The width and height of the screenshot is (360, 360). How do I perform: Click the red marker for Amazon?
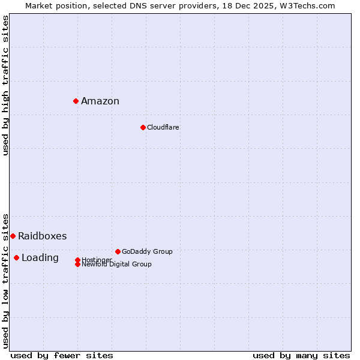pyautogui.click(x=76, y=101)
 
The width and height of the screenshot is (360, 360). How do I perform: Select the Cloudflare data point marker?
pyautogui.click(x=143, y=127)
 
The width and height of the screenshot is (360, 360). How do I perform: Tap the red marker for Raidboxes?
pyautogui.click(x=13, y=236)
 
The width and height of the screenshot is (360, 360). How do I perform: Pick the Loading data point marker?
pyautogui.click(x=16, y=257)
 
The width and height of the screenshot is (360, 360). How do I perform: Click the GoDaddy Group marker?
pyautogui.click(x=118, y=251)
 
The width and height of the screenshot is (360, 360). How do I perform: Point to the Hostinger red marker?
pyautogui.click(x=77, y=260)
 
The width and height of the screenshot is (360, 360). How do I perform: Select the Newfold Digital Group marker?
pyautogui.click(x=77, y=264)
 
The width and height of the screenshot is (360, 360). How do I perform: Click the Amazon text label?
pyautogui.click(x=100, y=101)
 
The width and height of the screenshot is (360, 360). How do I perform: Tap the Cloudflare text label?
pyautogui.click(x=163, y=127)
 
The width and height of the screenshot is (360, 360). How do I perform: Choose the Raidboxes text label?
pyautogui.click(x=42, y=236)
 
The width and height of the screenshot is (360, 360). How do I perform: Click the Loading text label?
pyautogui.click(x=40, y=257)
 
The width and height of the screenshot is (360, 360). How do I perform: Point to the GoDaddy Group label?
pyautogui.click(x=147, y=251)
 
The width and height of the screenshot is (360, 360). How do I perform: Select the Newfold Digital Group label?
pyautogui.click(x=116, y=265)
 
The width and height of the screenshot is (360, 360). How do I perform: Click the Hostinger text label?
pyautogui.click(x=97, y=259)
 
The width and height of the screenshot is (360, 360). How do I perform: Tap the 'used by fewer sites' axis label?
pyautogui.click(x=62, y=355)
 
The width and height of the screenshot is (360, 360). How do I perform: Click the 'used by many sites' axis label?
pyautogui.click(x=301, y=355)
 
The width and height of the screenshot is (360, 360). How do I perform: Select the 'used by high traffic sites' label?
pyautogui.click(x=5, y=85)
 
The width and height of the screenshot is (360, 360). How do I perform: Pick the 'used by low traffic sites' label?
pyautogui.click(x=5, y=280)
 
